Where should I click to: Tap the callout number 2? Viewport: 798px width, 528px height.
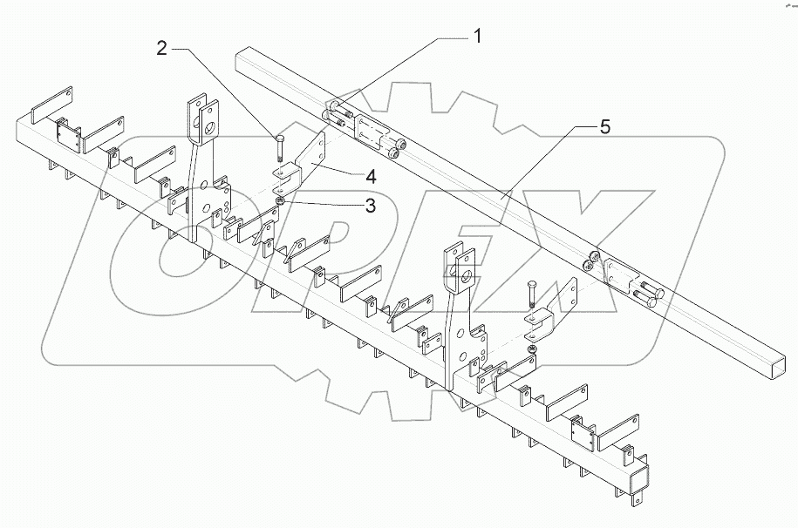(x=161, y=50)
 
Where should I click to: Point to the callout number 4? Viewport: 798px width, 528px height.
(x=370, y=176)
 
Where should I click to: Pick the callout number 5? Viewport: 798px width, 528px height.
(x=604, y=127)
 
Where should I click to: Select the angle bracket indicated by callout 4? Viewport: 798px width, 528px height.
(x=302, y=166)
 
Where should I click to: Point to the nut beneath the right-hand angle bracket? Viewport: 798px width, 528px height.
(x=531, y=349)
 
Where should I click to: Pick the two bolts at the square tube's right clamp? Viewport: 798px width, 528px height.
(x=651, y=294)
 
